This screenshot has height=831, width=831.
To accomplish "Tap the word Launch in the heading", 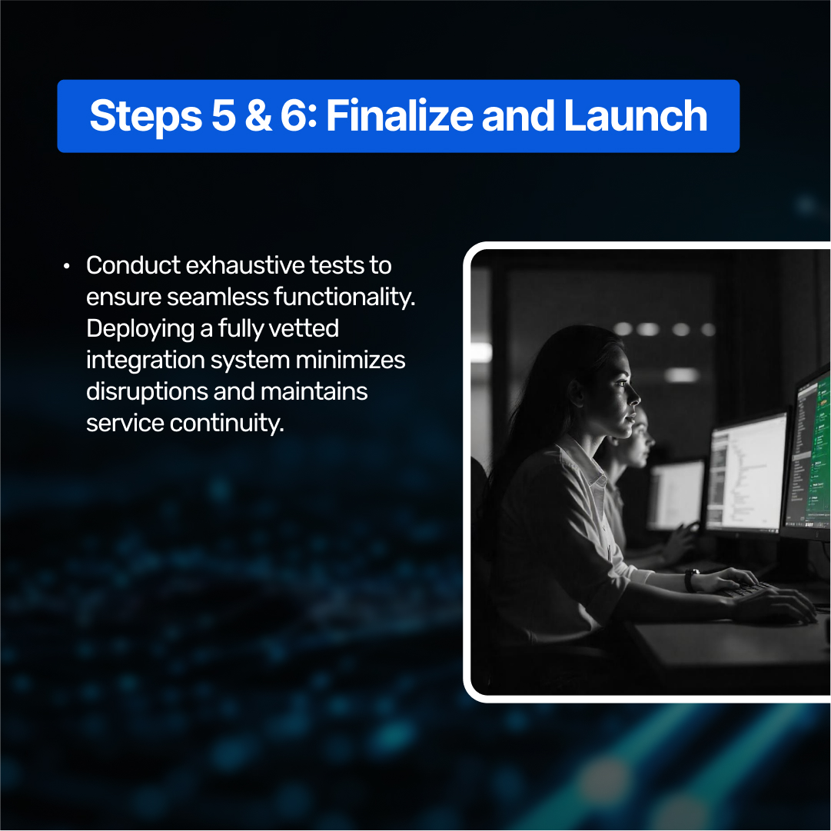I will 635,116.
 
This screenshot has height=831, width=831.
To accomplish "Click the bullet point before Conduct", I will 67,266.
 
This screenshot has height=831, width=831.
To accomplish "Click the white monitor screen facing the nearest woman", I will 746,473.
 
